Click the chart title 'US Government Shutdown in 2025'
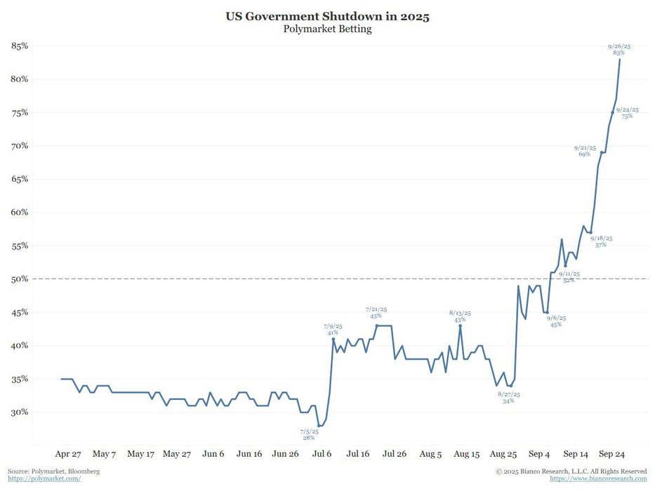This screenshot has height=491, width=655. coord(327,15)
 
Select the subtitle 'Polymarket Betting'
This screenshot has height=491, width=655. coord(327,29)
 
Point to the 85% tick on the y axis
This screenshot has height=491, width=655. coord(19,46)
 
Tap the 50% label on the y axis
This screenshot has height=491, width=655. coord(19,279)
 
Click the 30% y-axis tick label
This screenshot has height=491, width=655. coord(19,412)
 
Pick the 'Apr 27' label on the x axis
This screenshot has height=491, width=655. coord(68,454)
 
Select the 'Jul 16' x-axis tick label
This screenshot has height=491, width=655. coord(358,454)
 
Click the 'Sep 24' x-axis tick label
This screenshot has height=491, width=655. coord(612,454)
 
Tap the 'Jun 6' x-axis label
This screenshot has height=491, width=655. coord(213,454)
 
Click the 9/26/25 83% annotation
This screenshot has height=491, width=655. coord(619,50)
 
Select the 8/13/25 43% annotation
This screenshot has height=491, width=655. coord(460,316)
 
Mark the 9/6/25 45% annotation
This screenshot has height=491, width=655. coord(555,321)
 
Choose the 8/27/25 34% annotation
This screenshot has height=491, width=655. coord(508,398)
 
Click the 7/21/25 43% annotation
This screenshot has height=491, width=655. coord(376,312)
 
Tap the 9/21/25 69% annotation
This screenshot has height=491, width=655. coord(585,151)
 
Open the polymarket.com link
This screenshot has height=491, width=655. coord(44,478)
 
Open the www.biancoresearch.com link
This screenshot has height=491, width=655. coord(598,478)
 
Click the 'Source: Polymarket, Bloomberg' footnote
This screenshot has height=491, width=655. coord(53,471)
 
